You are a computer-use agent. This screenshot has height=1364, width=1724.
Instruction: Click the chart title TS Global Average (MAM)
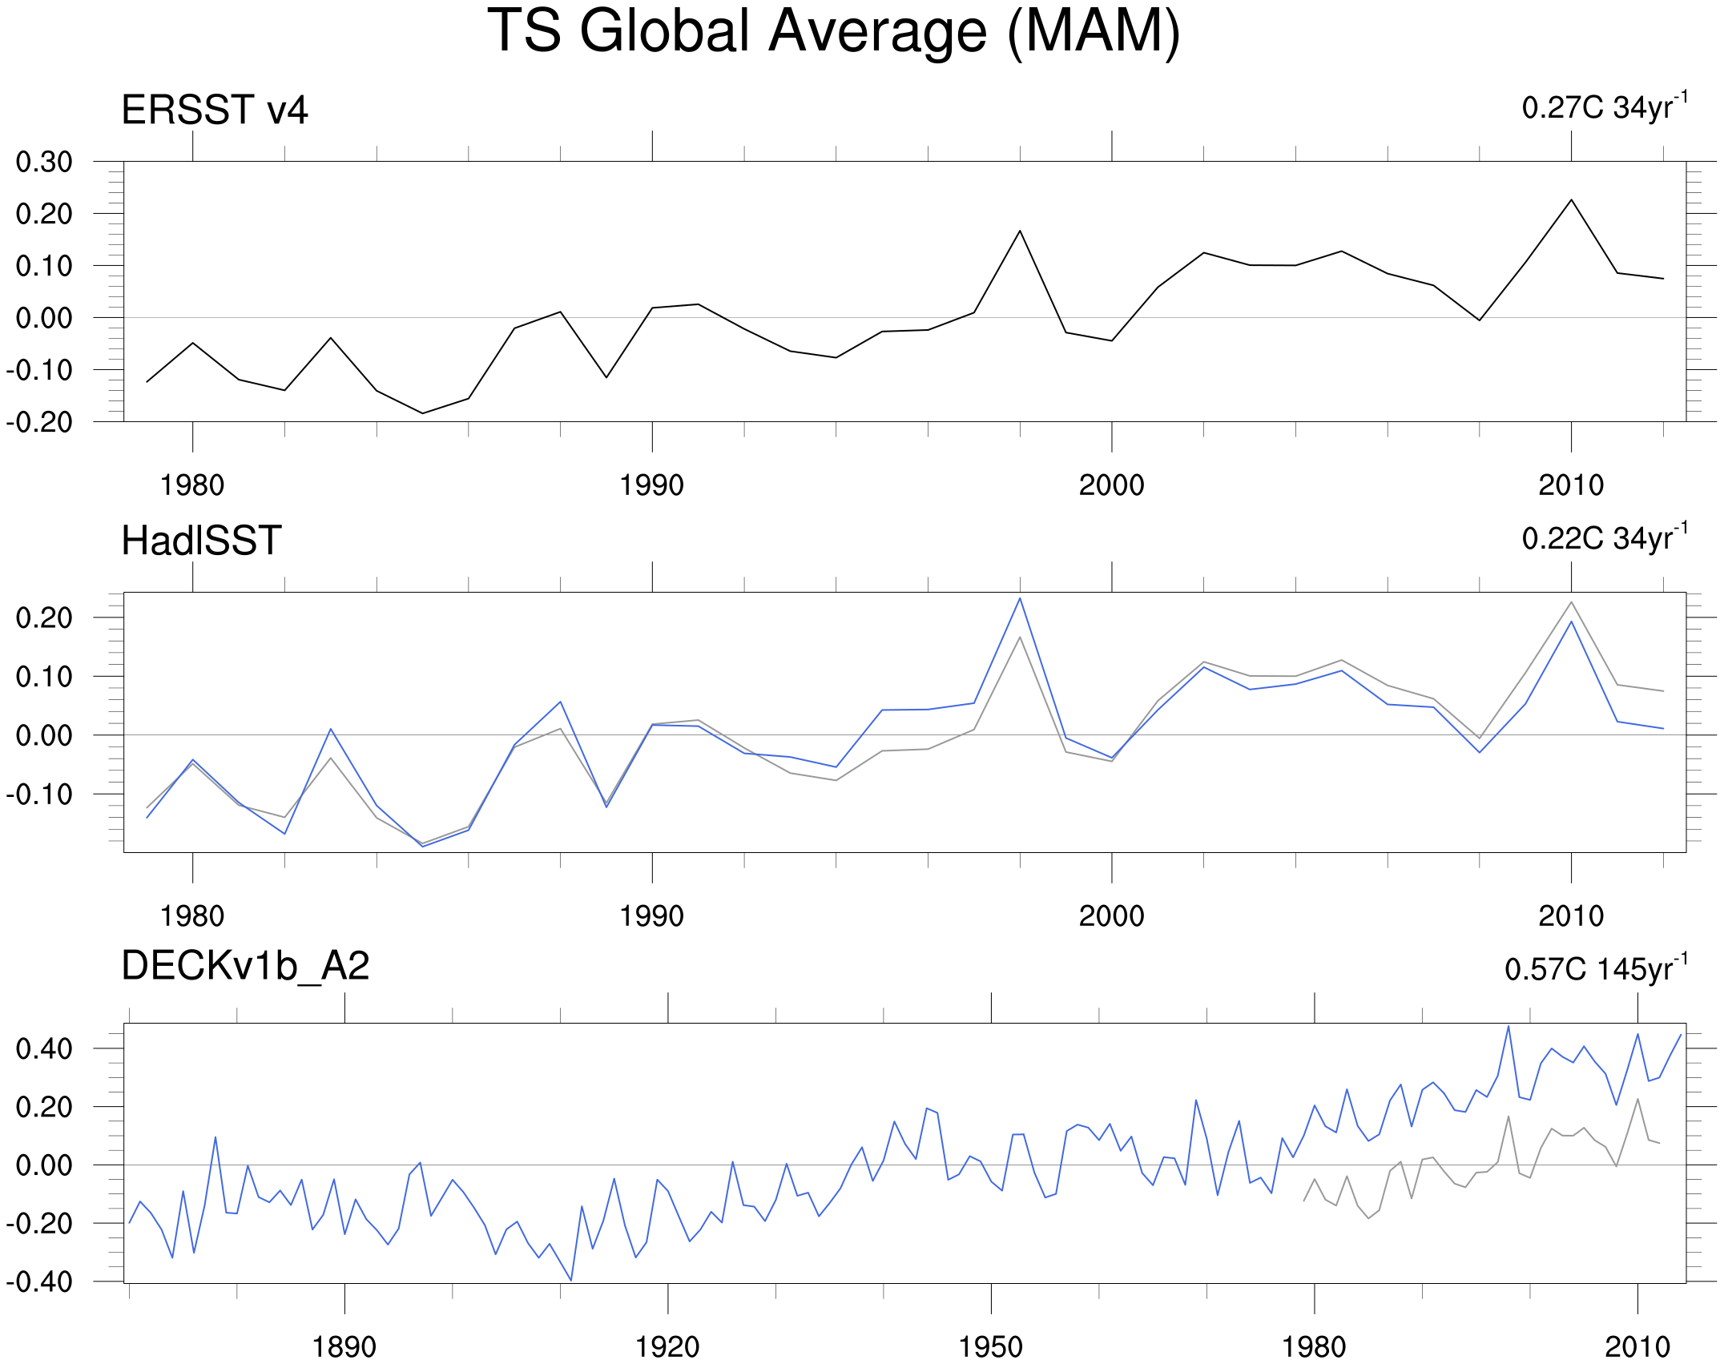tap(834, 32)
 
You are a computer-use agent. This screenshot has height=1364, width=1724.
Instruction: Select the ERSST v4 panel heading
tap(215, 110)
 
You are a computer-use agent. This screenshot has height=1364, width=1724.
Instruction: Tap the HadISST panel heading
tap(201, 541)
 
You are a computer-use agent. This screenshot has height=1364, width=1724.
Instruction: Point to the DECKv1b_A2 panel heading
tap(245, 966)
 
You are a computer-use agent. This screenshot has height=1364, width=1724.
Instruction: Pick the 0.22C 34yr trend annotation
tap(1605, 537)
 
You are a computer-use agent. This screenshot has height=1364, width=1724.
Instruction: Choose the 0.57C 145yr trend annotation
tap(1596, 968)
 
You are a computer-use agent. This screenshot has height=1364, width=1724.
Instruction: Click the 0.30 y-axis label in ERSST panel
tap(44, 162)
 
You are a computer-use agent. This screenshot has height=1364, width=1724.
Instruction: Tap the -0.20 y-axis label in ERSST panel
tap(38, 422)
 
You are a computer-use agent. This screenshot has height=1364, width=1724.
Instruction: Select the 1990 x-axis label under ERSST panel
tap(651, 485)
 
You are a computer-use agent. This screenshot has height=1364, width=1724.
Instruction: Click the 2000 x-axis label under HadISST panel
tap(1111, 916)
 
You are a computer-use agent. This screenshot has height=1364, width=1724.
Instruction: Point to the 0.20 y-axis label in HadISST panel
tap(44, 618)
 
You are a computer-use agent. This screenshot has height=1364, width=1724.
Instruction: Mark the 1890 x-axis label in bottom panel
tap(344, 1347)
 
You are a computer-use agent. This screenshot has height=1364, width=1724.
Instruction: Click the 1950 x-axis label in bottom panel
tap(991, 1347)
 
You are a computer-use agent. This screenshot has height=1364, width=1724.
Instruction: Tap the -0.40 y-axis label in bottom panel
tap(38, 1282)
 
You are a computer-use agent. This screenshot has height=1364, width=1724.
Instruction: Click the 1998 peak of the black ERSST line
tap(1020, 231)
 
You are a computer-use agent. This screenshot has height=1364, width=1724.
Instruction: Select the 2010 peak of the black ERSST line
tap(1571, 199)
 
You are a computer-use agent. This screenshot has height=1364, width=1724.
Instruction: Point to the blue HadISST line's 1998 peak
tap(1020, 598)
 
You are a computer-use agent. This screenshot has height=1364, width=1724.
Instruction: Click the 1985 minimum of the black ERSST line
tap(422, 413)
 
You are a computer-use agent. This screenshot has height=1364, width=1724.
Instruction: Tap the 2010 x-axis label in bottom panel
tap(1637, 1347)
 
